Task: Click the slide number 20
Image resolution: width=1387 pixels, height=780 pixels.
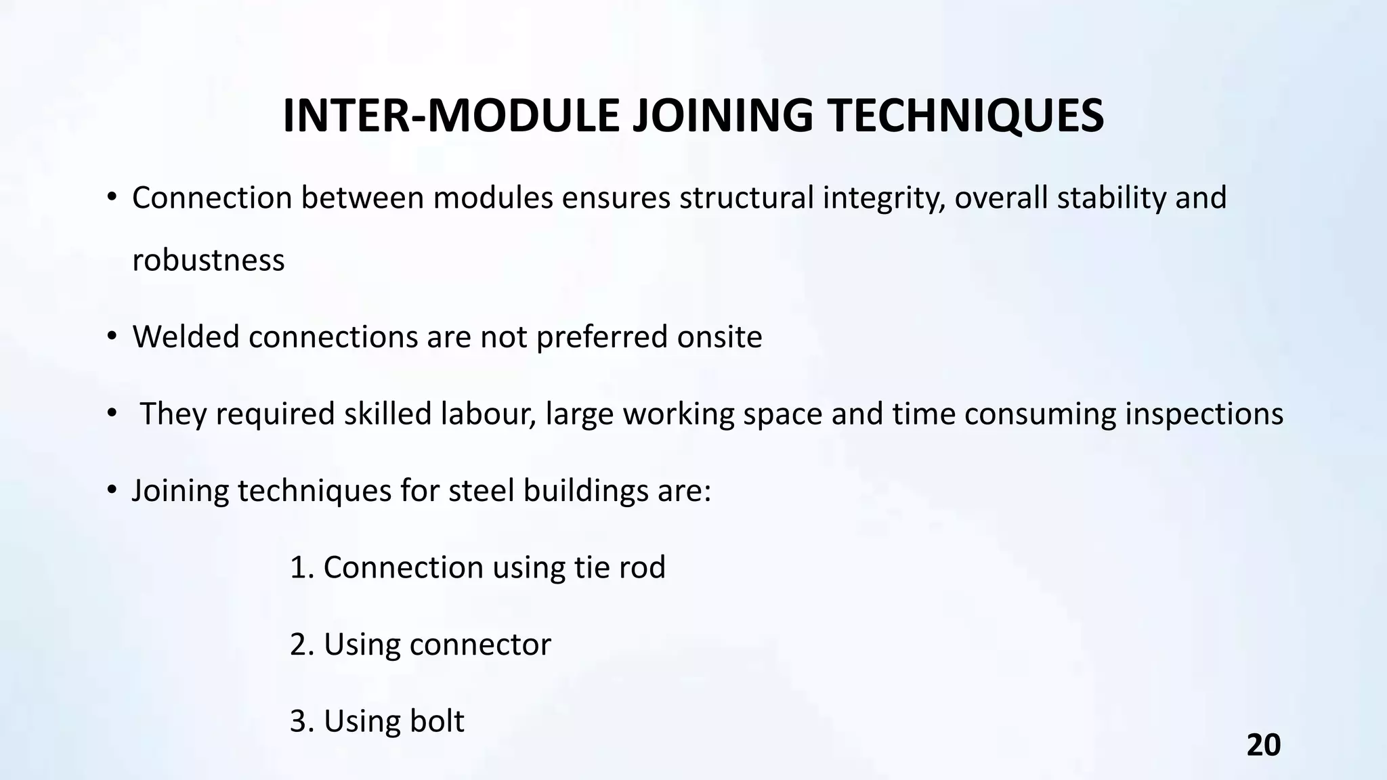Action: (x=1263, y=745)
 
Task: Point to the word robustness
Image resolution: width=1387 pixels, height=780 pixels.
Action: (x=208, y=260)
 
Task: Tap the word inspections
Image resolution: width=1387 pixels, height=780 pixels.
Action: (x=1204, y=414)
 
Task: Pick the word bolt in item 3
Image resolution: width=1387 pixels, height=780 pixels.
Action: (x=437, y=721)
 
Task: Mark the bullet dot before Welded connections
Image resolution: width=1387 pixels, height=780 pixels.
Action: (x=112, y=337)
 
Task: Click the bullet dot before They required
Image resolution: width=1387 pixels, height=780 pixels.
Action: (x=112, y=414)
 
